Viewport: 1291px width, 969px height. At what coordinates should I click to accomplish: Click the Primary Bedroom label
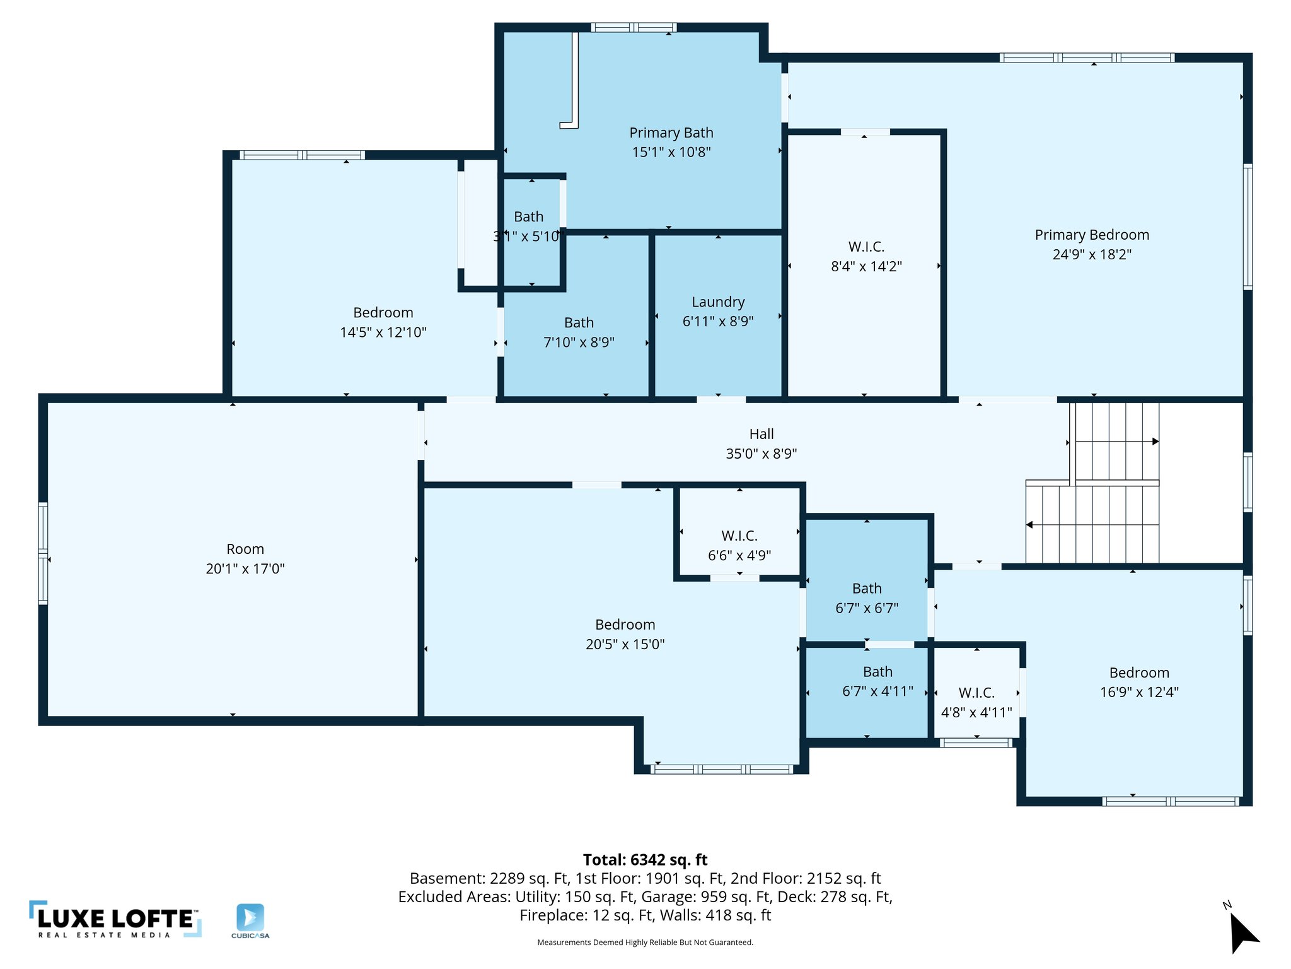(x=1092, y=235)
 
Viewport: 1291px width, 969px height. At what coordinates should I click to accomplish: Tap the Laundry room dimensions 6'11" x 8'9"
(x=718, y=322)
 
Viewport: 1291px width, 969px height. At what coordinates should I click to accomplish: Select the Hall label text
(x=761, y=434)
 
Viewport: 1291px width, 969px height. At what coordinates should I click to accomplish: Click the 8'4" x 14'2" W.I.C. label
(x=866, y=257)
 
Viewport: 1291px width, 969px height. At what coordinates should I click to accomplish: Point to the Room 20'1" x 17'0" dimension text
(x=245, y=569)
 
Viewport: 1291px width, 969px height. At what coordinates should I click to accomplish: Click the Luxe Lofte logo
(x=115, y=920)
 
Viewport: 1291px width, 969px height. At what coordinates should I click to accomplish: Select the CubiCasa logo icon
(x=250, y=919)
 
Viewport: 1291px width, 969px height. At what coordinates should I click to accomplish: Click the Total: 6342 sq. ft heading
(x=645, y=860)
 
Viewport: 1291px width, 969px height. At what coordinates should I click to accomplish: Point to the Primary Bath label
(x=671, y=133)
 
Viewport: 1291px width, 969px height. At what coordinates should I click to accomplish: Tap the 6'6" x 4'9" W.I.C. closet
(x=739, y=546)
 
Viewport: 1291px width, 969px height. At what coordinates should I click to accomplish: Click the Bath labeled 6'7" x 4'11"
(x=877, y=682)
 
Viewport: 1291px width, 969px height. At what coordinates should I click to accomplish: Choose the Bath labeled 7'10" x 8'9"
(x=579, y=332)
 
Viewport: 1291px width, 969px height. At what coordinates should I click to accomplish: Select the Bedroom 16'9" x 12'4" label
(x=1139, y=683)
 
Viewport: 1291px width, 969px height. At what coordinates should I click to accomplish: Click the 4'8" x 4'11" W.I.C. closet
(x=976, y=703)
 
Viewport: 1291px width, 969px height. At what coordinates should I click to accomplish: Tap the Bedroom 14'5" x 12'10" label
(x=383, y=322)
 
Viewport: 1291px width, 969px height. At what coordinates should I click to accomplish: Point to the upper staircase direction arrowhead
(x=1155, y=442)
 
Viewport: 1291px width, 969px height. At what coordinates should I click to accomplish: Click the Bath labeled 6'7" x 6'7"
(x=867, y=598)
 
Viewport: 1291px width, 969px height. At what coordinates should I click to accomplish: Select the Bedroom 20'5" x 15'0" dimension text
(x=625, y=645)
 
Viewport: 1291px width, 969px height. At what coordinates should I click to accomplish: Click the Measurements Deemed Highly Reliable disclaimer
(x=645, y=943)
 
